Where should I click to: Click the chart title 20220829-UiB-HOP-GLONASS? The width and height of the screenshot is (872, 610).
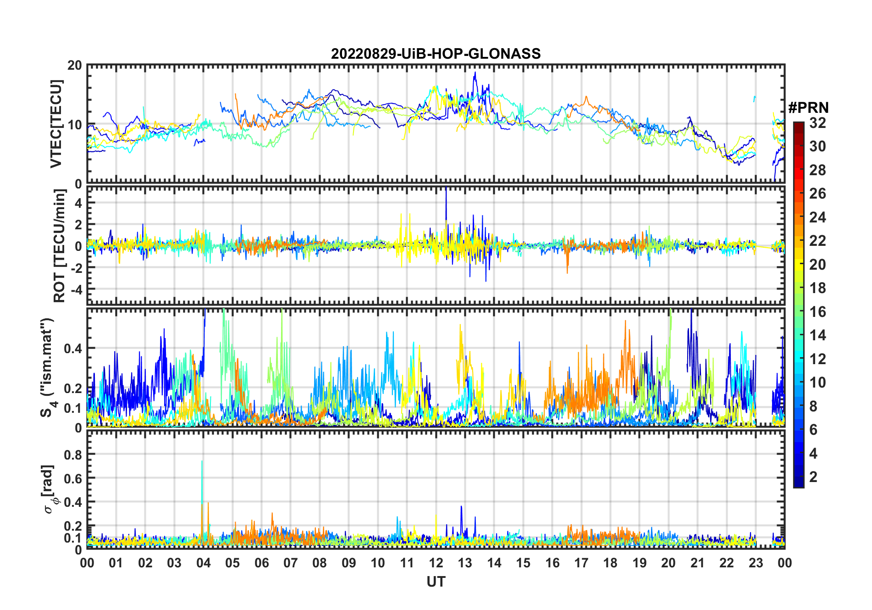point(436,54)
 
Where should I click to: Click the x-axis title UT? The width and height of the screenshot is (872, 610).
point(436,582)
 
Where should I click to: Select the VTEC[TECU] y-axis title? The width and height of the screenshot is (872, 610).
point(56,124)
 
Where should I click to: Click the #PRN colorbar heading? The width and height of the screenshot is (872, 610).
point(808,108)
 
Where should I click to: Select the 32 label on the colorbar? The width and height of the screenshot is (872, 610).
point(817,123)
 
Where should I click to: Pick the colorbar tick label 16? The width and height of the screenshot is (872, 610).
point(817,312)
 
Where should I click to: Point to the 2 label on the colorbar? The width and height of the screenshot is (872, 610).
point(813,477)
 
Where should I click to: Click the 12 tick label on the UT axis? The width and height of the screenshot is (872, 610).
point(436,563)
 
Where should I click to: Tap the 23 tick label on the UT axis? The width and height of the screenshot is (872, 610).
point(756,563)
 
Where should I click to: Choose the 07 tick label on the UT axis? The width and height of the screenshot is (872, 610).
point(290,563)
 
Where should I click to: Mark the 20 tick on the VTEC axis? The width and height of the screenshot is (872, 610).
point(75,66)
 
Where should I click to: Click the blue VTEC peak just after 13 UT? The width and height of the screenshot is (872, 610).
point(475,72)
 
